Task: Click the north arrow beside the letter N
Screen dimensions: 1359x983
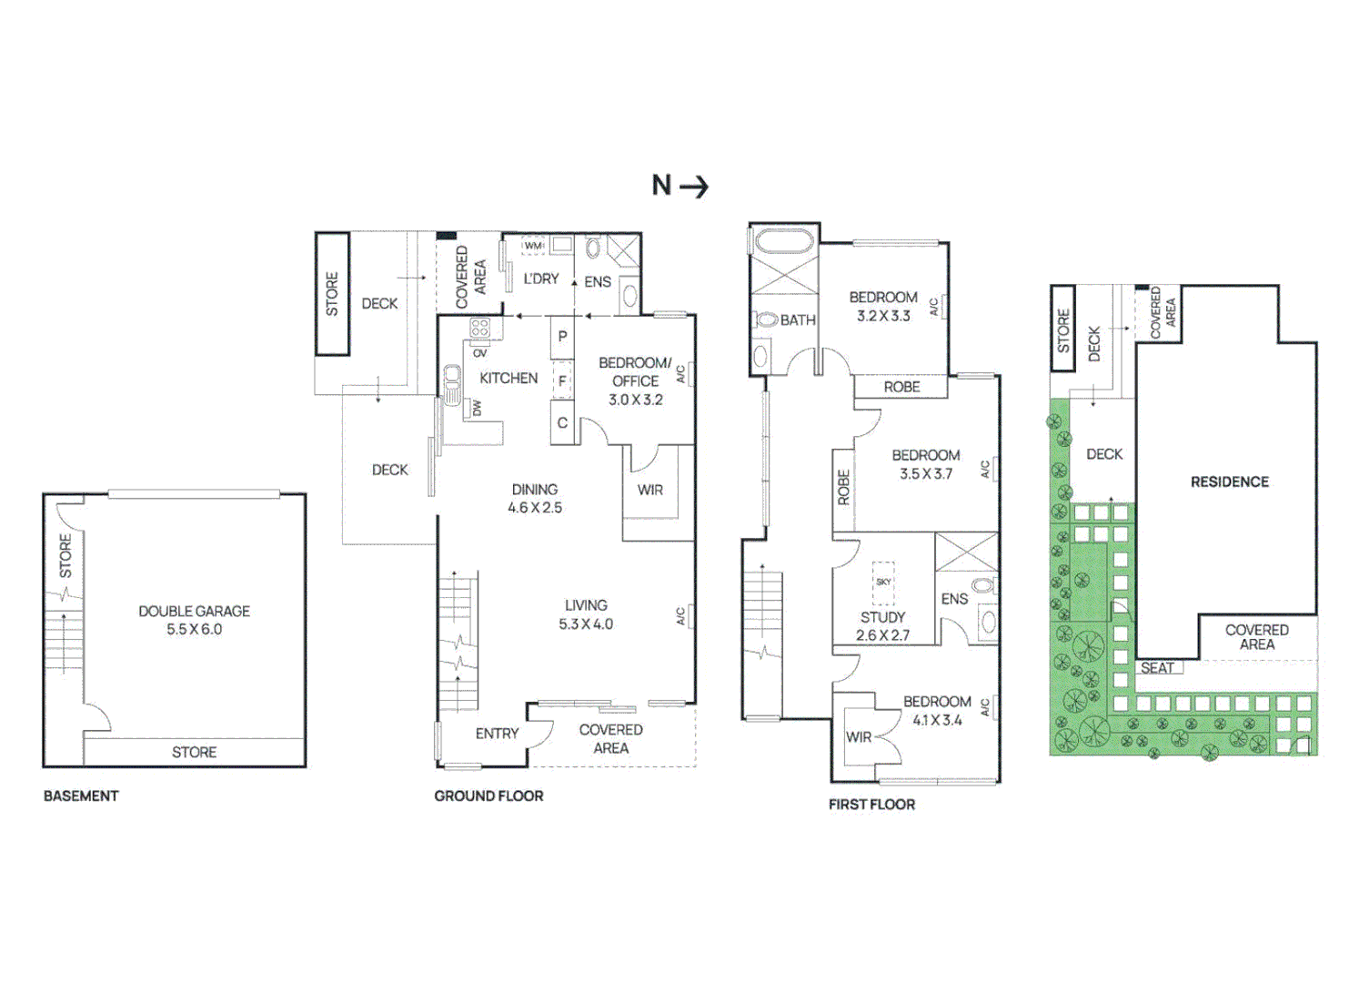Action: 694,187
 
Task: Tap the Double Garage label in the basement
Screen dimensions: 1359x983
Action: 194,612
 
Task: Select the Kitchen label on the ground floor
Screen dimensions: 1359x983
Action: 508,379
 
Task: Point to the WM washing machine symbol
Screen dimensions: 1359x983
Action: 533,245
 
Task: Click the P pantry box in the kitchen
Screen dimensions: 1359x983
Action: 562,337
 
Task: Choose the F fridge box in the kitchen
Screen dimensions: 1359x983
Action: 562,380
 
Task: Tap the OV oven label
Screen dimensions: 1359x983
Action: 480,353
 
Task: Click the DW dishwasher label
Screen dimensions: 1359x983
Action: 477,408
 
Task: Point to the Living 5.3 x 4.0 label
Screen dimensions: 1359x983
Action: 586,614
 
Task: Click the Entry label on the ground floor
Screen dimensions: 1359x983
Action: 497,734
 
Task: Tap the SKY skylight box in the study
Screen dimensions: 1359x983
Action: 883,583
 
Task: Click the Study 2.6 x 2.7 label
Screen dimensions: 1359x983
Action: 882,626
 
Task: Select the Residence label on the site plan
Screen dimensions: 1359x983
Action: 1229,482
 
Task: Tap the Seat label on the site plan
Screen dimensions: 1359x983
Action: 1157,668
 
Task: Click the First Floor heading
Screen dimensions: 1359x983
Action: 871,805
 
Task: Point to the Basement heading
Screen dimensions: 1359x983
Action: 81,796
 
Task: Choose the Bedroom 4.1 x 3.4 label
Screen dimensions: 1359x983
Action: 937,711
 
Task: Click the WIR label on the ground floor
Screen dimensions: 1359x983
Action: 649,490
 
